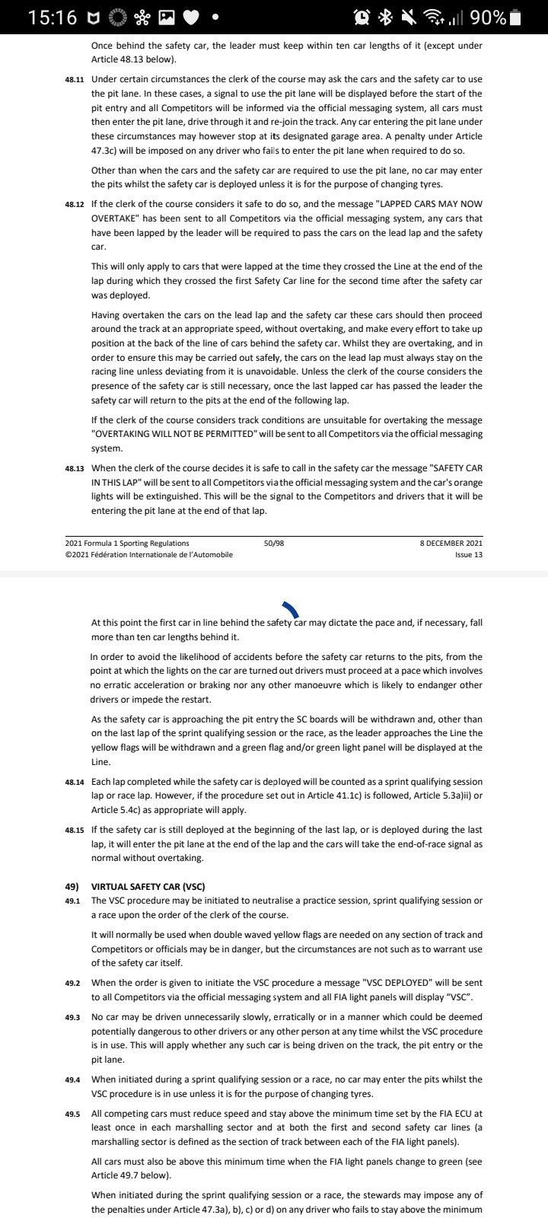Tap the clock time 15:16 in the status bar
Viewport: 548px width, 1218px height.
click(52, 17)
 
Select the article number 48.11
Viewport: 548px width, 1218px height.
click(75, 80)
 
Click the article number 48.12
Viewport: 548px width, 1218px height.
click(75, 205)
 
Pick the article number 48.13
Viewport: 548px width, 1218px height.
click(75, 469)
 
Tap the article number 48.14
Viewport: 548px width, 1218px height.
click(75, 782)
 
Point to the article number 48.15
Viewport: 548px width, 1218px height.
click(75, 830)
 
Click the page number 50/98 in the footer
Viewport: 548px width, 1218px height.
click(274, 543)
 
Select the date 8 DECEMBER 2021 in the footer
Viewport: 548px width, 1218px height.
click(451, 543)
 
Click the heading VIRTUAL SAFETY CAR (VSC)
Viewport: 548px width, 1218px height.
click(148, 887)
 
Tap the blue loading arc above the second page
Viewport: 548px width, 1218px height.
click(290, 608)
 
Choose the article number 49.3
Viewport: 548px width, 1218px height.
click(75, 1017)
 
